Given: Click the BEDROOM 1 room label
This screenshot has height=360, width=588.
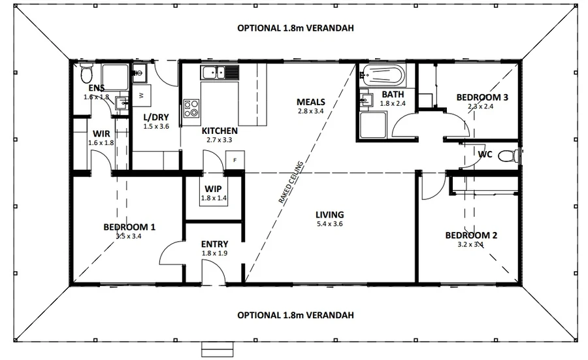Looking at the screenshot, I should click(129, 227).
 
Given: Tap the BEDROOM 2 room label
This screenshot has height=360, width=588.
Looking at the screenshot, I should click(471, 235).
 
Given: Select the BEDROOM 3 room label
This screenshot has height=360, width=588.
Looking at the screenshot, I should click(482, 97).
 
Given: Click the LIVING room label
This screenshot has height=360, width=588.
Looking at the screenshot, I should click(329, 215).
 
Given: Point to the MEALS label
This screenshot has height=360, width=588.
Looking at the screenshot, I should click(310, 102).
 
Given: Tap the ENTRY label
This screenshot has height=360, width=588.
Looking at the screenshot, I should click(214, 244).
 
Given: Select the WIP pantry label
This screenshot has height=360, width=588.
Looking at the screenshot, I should click(214, 188).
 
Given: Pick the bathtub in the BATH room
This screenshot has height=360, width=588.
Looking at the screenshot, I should click(383, 76).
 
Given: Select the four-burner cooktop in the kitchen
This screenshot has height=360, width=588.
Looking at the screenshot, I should click(191, 108).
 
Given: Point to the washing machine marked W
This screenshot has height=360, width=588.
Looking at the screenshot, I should click(142, 95).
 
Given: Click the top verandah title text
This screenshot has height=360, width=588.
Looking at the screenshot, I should click(295, 28).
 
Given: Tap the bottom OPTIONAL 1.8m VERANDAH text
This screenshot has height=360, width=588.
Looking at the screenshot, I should click(295, 315).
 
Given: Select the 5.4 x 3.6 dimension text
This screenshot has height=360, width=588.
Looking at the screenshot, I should click(329, 224).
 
